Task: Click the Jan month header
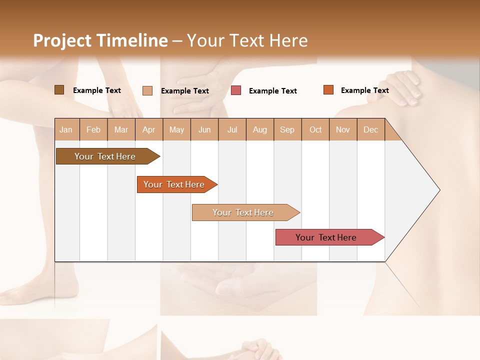point(66,129)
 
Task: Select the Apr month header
point(148,129)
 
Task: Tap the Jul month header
point(232,129)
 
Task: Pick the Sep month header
point(287,129)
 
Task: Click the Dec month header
point(370,129)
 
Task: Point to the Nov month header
point(342,129)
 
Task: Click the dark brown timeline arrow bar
point(105,156)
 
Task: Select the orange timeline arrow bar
point(174,184)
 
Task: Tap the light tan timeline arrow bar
point(243,212)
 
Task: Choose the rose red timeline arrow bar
point(326,237)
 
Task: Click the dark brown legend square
point(59,90)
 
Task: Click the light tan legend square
point(147,90)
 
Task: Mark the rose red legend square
point(236,90)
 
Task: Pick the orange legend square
point(328,90)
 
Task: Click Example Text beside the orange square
point(364,90)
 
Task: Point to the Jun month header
point(204,129)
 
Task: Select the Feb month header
point(93,129)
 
